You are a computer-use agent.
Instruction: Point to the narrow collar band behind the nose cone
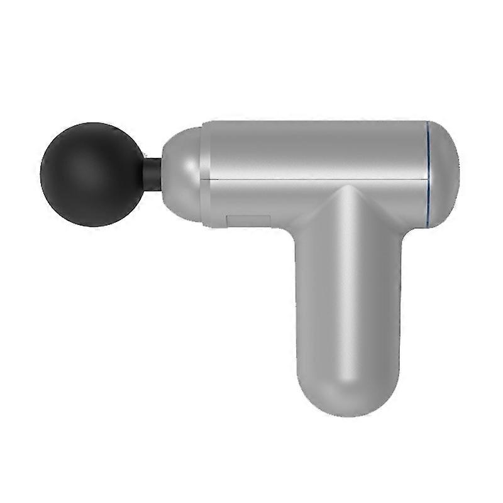click(x=205, y=173)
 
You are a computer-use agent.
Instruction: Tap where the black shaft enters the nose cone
click(x=161, y=174)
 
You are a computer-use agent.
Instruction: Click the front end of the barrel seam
click(x=210, y=179)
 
